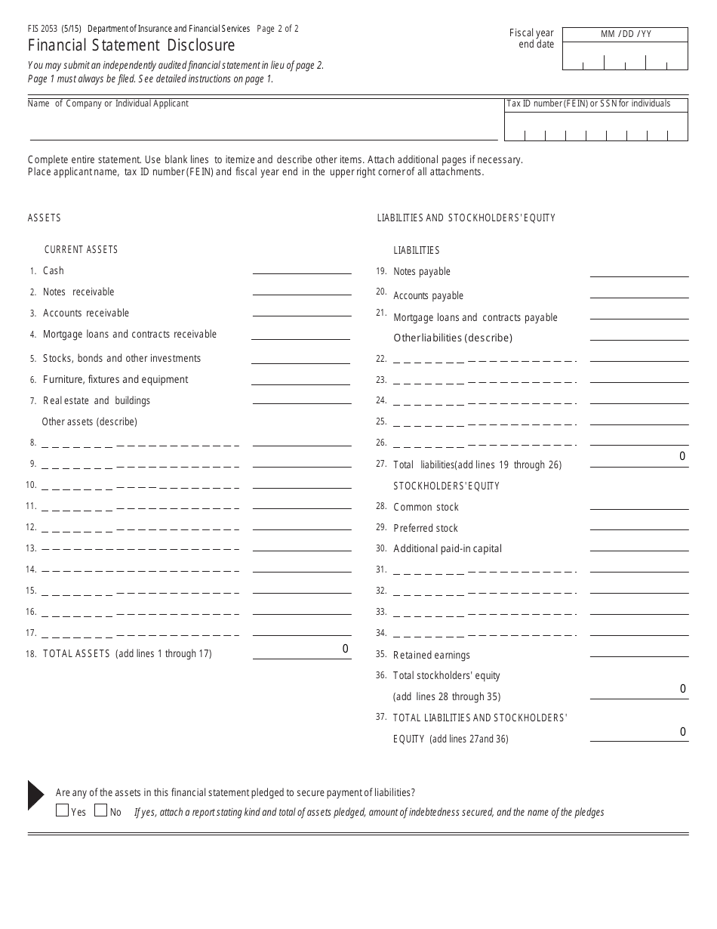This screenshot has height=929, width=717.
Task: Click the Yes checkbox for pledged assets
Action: pyautogui.click(x=62, y=811)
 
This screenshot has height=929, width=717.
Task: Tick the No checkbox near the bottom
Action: pyautogui.click(x=101, y=811)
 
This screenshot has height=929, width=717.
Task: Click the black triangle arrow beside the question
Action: pyautogui.click(x=36, y=795)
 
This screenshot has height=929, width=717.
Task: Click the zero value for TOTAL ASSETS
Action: pyautogui.click(x=345, y=649)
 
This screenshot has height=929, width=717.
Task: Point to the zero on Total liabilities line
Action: pyautogui.click(x=682, y=456)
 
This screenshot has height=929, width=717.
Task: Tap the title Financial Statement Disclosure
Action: pyautogui.click(x=131, y=46)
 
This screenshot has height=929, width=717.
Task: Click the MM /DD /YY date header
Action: pyautogui.click(x=626, y=35)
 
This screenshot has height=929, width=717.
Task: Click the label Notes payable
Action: pyautogui.click(x=421, y=272)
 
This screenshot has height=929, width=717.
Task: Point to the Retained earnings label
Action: pyautogui.click(x=431, y=656)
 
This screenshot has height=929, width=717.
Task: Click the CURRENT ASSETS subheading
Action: pyautogui.click(x=81, y=250)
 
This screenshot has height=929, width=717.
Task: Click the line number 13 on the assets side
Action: pyautogui.click(x=31, y=548)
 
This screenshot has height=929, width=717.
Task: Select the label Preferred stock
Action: pyautogui.click(x=425, y=529)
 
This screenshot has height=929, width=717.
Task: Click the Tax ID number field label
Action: pyautogui.click(x=588, y=104)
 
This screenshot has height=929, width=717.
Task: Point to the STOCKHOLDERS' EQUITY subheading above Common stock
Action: pyautogui.click(x=446, y=486)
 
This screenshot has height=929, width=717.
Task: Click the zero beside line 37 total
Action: pyautogui.click(x=682, y=732)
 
